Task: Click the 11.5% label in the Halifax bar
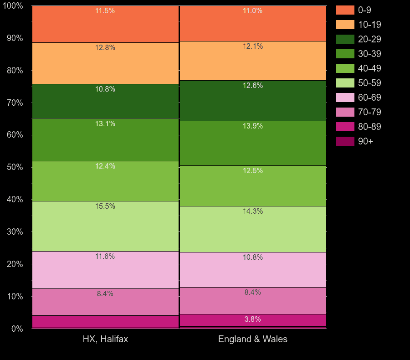[105, 11]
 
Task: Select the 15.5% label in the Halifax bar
[105, 206]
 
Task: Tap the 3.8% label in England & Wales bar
[253, 319]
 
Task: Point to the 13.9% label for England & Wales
[253, 126]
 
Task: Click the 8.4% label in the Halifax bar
[105, 294]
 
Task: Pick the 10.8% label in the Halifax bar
[105, 89]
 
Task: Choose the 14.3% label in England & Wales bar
[253, 211]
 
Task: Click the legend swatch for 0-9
[345, 10]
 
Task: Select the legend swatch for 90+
[345, 141]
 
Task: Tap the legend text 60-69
[369, 98]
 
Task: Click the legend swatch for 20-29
[345, 39]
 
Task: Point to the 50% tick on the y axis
[15, 167]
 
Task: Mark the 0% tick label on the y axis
[17, 329]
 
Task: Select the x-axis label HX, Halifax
[105, 339]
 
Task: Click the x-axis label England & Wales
[253, 339]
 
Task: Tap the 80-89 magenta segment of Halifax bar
[105, 321]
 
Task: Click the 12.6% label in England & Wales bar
[253, 86]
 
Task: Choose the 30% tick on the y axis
[15, 232]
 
